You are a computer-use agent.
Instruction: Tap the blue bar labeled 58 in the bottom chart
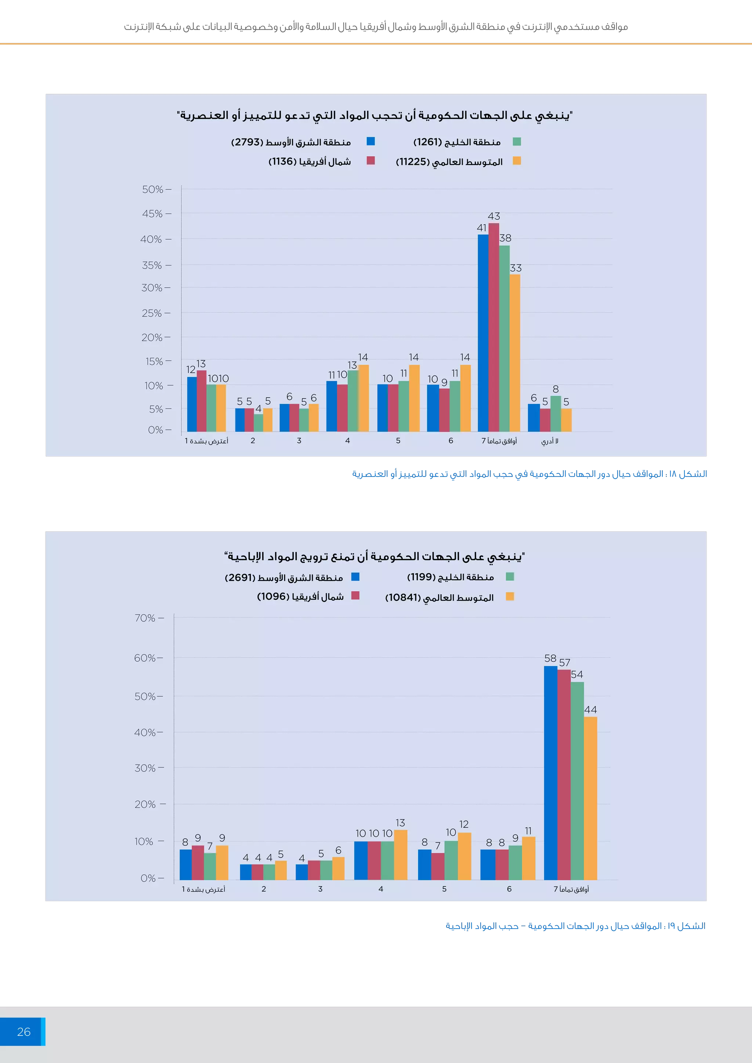pos(550,773)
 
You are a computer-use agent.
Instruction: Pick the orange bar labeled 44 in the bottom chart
pos(590,798)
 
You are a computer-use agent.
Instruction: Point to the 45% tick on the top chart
pos(152,214)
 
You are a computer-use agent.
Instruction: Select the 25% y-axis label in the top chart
pos(152,313)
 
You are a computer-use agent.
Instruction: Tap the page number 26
pos(23,1031)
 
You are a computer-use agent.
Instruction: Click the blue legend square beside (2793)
pos(370,141)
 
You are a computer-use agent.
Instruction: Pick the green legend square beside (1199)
pos(510,576)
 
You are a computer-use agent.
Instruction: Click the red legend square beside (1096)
pos(355,595)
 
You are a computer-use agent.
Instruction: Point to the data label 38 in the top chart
pos(505,238)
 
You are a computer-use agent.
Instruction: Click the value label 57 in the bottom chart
pos(564,663)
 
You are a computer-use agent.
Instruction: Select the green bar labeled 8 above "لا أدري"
pos(556,413)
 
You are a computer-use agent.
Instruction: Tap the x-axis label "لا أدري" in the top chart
pos(550,441)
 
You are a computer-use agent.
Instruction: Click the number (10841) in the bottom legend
pos(402,597)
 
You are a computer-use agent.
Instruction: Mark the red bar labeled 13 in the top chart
pos(202,401)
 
